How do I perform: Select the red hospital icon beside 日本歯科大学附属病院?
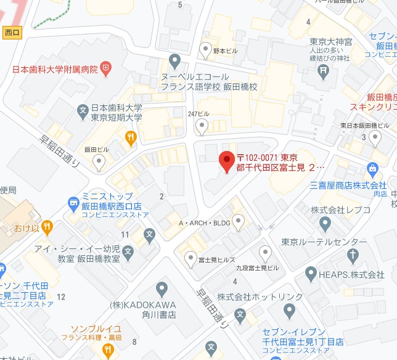coord(106,68)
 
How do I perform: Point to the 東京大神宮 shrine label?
coord(330,42)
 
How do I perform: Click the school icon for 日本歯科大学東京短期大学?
coord(83,112)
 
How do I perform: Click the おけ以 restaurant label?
coord(27,229)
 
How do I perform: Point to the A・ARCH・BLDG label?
coord(204,223)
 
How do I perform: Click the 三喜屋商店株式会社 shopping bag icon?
coord(372,167)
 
